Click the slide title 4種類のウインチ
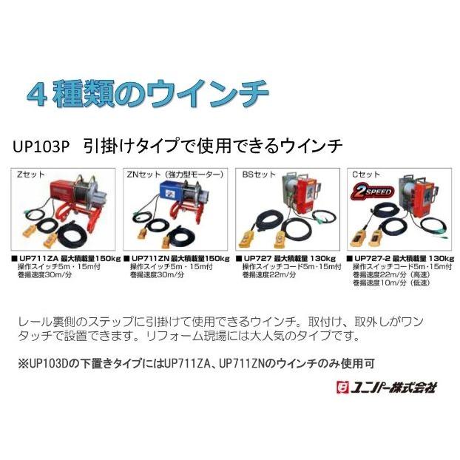click(147, 95)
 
